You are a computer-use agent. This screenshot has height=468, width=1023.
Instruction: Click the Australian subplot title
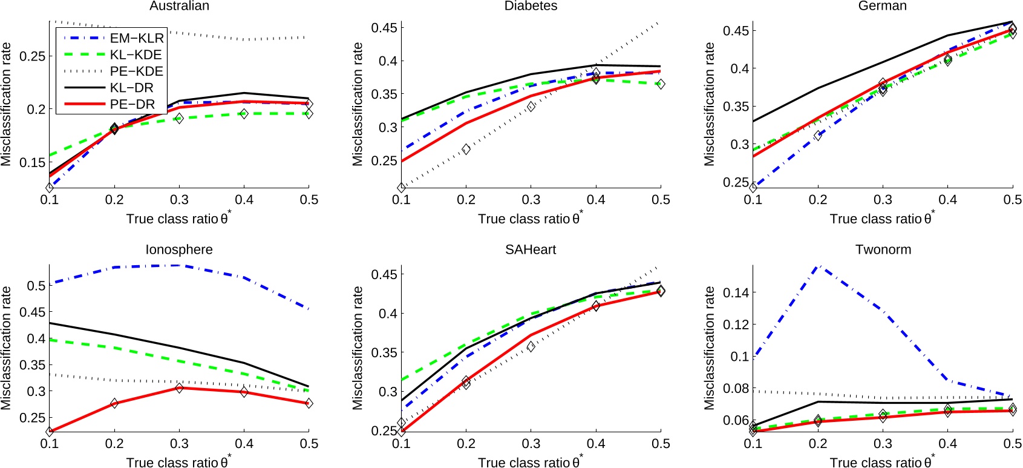tap(179, 6)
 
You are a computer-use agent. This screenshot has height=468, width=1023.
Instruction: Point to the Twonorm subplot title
tap(883, 249)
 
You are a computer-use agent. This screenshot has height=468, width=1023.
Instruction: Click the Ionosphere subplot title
tap(179, 249)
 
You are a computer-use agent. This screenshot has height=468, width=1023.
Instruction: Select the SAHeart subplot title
tap(531, 249)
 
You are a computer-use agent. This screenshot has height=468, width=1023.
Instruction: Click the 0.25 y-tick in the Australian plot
tap(31, 56)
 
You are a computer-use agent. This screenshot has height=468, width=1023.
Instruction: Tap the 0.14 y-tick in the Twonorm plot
tap(736, 292)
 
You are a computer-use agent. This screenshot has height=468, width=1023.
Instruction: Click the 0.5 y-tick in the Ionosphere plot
tap(36, 285)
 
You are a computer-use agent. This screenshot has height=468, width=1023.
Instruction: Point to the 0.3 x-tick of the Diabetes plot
tap(531, 200)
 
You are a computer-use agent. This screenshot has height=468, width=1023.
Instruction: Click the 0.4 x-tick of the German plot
tap(947, 200)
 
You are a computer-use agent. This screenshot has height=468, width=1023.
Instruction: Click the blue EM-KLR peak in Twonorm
tap(818, 265)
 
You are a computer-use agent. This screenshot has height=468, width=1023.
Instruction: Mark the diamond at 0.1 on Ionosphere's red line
tap(50, 432)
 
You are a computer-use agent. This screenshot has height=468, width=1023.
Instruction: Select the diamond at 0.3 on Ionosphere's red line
tap(179, 387)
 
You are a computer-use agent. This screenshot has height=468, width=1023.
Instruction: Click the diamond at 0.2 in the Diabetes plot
tap(466, 149)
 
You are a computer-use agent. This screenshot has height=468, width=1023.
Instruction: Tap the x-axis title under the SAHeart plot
tap(531, 462)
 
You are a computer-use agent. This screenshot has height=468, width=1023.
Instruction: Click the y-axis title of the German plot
tap(709, 104)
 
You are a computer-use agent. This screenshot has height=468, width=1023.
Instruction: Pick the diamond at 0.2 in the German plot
tap(818, 135)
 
